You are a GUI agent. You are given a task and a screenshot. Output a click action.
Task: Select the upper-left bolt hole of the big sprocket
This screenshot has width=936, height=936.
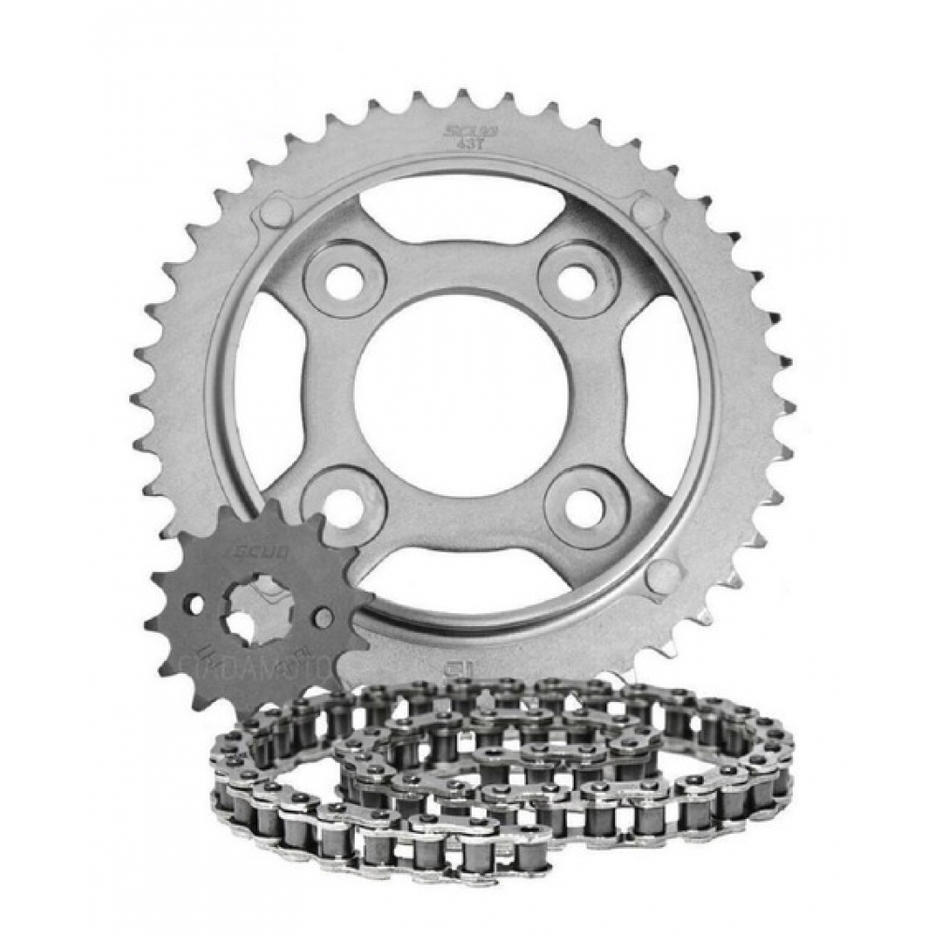click(345, 280)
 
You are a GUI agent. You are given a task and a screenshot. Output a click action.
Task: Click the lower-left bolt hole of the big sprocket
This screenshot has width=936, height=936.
click(345, 505)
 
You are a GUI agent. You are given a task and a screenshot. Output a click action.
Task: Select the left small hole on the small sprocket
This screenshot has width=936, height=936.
click(196, 604)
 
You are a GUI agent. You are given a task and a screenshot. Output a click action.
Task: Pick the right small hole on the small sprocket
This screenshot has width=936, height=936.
click(322, 618)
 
